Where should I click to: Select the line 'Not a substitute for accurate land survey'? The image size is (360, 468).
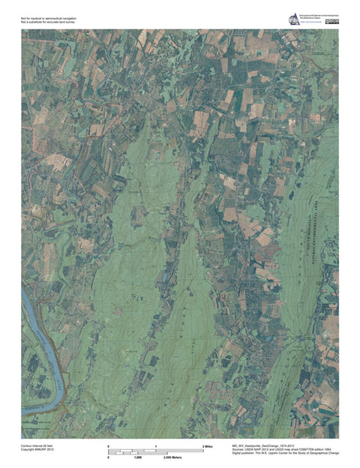click(x=48, y=22)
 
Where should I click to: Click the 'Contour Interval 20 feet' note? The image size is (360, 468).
click(x=39, y=445)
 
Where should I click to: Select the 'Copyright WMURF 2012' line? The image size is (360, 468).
click(x=38, y=450)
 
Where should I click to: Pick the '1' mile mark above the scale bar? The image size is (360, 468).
click(x=156, y=446)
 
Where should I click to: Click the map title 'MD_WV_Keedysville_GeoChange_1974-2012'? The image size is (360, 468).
click(x=270, y=445)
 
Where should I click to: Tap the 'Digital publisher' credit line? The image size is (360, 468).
click(x=286, y=454)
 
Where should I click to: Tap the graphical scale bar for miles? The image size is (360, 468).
click(x=156, y=451)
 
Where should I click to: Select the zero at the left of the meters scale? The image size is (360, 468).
click(x=109, y=457)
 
